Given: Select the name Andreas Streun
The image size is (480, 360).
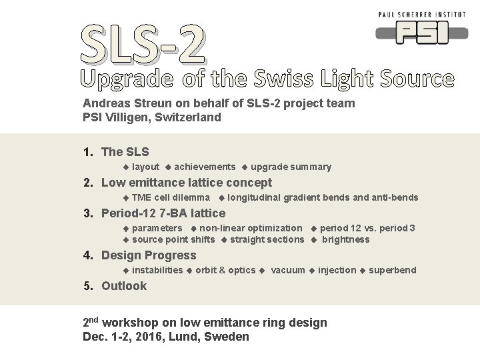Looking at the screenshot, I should [124, 103].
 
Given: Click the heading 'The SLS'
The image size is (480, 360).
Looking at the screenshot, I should [125, 152].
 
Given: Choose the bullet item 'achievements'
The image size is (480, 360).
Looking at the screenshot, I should [205, 167].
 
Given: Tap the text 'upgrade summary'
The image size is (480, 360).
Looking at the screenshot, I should [291, 167].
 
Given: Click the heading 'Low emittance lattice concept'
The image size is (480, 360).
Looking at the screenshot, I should [186, 183].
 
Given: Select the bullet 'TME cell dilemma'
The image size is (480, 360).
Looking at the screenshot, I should [171, 197].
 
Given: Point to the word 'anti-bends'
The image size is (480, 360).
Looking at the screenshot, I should [395, 197].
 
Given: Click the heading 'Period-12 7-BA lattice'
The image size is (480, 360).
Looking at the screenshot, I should [163, 213].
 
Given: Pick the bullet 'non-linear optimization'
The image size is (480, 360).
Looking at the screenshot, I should [251, 228].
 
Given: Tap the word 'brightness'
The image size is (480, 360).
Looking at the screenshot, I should [345, 239].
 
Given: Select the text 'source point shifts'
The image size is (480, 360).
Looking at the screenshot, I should [173, 239].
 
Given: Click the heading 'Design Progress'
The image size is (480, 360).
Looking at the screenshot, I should [149, 255].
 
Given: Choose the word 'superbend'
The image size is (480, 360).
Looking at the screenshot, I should [392, 270].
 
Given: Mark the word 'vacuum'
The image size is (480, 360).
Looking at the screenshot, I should [288, 270].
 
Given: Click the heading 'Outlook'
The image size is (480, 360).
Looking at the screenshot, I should [124, 286].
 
